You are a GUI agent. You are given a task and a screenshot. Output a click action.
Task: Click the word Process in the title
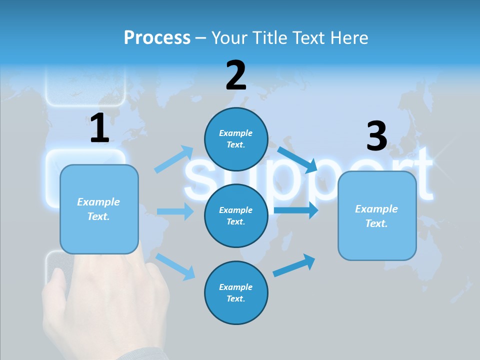tap(157, 38)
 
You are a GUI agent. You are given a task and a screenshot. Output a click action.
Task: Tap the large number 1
tap(99, 128)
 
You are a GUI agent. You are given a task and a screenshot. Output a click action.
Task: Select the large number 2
tap(236, 75)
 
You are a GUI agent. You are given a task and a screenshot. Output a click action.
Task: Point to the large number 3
tap(376, 136)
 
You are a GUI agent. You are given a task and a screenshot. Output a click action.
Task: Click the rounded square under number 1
tap(99, 209)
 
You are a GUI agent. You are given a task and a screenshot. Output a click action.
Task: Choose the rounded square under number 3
tap(377, 215)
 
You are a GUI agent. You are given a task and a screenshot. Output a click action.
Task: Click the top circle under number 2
tap(236, 139)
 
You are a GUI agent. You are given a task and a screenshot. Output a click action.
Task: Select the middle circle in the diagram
tap(236, 215)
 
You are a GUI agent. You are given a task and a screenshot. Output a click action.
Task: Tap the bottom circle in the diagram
tap(236, 292)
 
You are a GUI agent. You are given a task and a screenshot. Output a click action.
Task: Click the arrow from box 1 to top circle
tap(174, 159)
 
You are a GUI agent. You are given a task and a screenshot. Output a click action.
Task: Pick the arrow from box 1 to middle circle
tap(175, 211)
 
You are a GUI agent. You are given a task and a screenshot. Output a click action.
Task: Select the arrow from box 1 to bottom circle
tap(175, 266)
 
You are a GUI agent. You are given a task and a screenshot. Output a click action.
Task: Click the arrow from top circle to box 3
tap(297, 159)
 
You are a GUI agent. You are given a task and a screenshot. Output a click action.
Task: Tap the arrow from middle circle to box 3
tap(296, 210)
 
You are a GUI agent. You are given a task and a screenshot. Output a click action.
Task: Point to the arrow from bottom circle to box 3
tap(294, 265)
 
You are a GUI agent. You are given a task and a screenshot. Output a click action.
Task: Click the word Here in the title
tap(349, 38)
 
